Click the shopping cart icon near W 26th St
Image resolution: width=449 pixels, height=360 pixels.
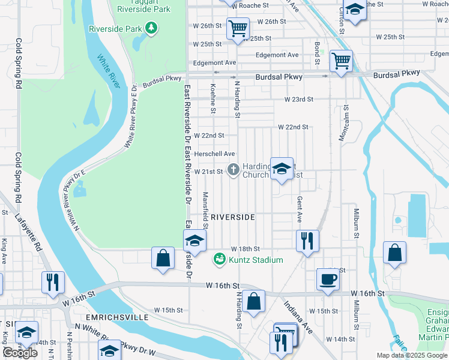[238, 28]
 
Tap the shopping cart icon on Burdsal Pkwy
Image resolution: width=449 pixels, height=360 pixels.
[341, 60]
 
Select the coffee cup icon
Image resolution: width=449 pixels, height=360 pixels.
[328, 279]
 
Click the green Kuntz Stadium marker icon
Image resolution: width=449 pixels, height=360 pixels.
[220, 259]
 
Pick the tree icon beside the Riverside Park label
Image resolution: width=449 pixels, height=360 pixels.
[152, 28]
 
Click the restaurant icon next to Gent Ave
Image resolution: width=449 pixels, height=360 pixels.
[307, 241]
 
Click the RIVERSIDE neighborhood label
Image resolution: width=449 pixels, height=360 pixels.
[233, 217]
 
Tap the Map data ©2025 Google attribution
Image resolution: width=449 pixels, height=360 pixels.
[412, 355]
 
